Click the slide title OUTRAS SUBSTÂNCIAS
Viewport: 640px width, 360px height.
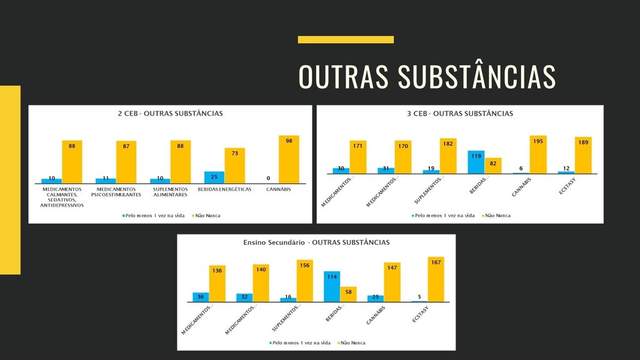point(427,76)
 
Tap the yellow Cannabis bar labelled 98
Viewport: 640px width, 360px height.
point(289,159)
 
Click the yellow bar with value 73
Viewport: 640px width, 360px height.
point(234,166)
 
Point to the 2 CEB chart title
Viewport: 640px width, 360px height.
point(170,114)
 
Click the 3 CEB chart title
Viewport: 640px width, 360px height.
point(459,114)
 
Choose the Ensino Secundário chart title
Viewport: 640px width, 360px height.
point(316,242)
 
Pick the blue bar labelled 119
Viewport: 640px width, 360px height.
point(476,162)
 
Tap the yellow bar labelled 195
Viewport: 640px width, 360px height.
point(538,154)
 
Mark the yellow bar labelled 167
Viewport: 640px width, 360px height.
point(436,279)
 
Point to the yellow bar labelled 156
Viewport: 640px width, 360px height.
point(305,281)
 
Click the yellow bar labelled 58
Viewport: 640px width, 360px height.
point(348,294)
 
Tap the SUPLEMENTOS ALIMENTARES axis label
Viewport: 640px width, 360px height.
point(170,191)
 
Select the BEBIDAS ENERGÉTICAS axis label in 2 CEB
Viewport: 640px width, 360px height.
point(224,189)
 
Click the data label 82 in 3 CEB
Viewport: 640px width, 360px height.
point(493,162)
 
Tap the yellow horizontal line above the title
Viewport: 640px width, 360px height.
point(346,39)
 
